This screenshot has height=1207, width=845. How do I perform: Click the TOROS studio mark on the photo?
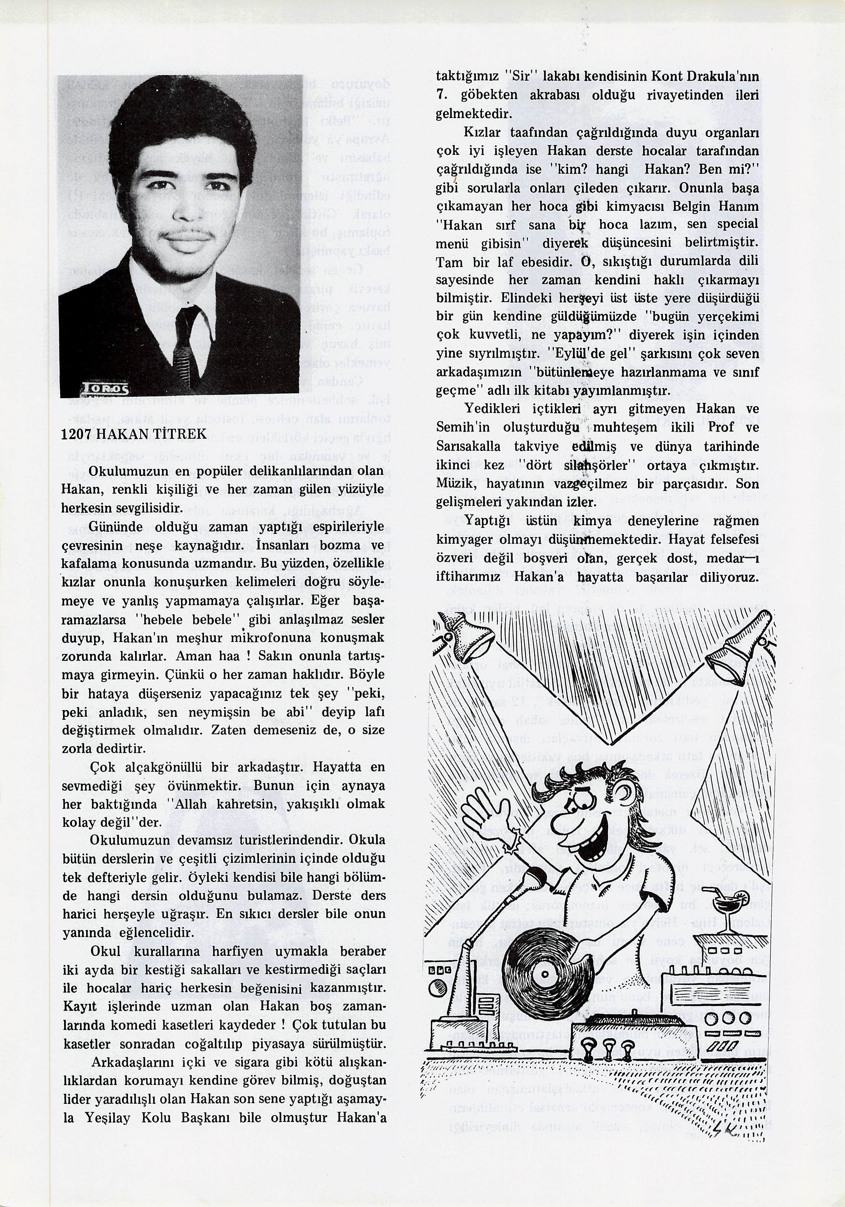click(105, 389)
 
